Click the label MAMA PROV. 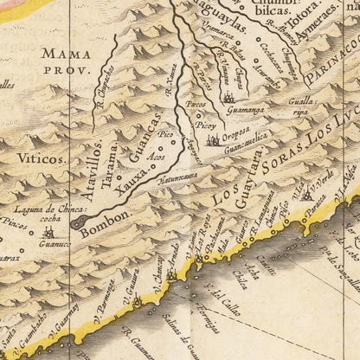64,61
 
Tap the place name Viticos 40,159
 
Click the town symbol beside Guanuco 48,231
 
